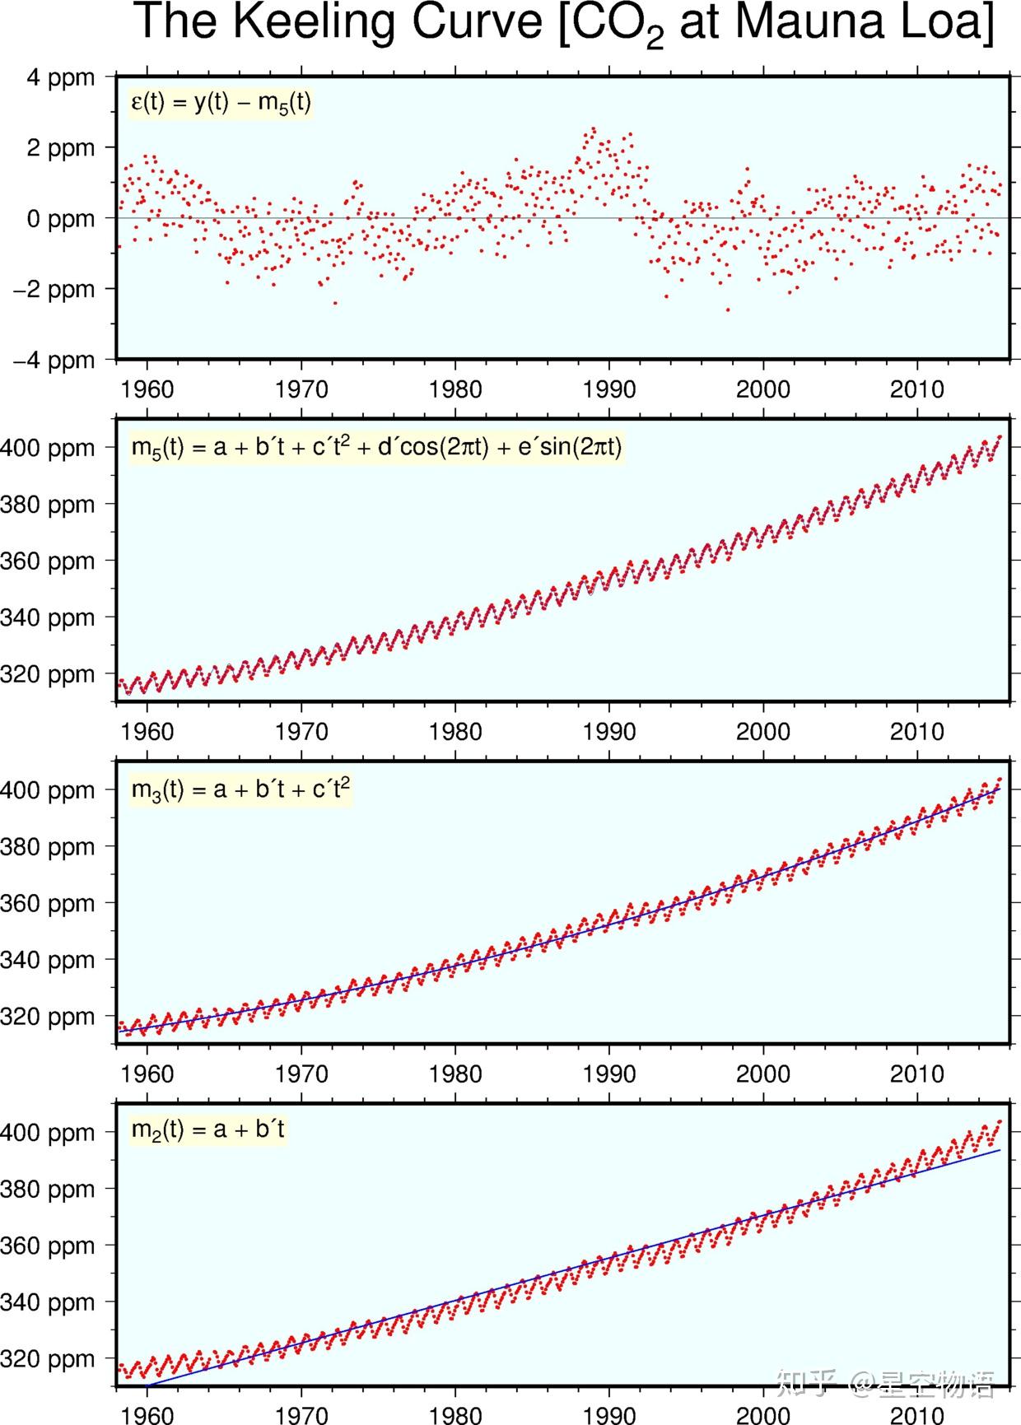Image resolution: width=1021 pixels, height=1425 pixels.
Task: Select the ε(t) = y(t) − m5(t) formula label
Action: [221, 103]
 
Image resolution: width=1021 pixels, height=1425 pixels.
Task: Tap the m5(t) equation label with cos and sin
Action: [376, 447]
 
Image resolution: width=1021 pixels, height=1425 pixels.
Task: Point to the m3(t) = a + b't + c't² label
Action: [240, 789]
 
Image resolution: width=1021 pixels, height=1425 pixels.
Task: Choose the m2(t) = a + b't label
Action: [208, 1129]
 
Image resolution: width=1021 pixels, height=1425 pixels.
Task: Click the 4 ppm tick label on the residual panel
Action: [61, 79]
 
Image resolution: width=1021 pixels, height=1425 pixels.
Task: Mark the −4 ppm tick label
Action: [54, 361]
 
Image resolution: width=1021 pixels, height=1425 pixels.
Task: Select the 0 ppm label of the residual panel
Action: [61, 220]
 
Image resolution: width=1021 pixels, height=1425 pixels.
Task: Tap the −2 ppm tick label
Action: [54, 291]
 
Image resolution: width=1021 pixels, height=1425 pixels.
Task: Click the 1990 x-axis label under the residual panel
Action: [609, 389]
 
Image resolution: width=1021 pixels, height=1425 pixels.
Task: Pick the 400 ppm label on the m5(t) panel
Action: [48, 449]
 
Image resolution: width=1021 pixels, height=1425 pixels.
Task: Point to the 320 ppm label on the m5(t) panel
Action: [48, 675]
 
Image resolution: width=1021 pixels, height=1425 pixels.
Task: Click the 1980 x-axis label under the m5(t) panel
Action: [455, 731]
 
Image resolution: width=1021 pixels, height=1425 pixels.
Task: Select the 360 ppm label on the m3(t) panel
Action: [48, 904]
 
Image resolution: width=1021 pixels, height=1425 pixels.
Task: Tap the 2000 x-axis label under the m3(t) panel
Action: [763, 1073]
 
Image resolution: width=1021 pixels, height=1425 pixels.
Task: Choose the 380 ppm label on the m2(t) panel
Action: [48, 1190]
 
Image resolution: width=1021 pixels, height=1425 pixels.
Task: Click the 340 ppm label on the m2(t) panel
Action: [48, 1303]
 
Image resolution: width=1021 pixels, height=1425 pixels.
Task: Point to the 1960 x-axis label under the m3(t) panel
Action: [147, 1073]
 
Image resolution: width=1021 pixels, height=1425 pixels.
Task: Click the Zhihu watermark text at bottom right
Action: [885, 1384]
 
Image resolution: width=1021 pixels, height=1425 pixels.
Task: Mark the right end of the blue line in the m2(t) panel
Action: [1000, 1150]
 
